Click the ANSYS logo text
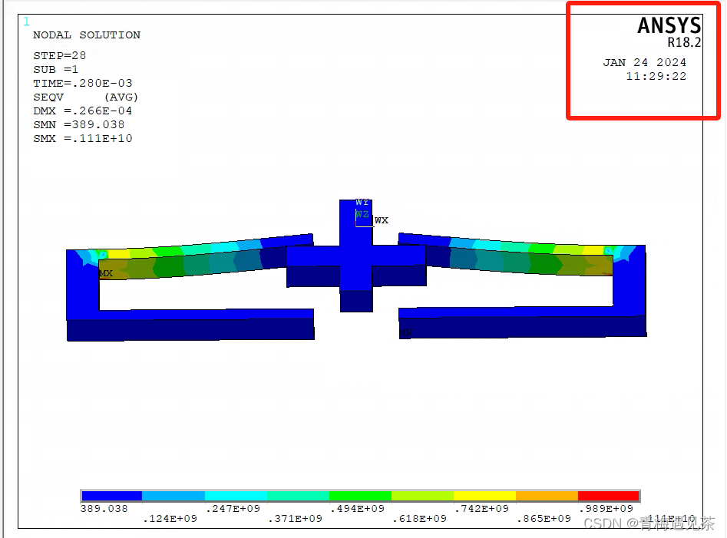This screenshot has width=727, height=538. (669, 25)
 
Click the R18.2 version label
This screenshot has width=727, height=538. (684, 44)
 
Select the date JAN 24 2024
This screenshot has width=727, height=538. (645, 62)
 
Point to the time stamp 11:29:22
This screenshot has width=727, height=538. (656, 76)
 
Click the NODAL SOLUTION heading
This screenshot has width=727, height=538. (87, 35)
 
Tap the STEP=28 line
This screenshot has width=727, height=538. (60, 55)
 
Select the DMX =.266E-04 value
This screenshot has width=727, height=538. (82, 111)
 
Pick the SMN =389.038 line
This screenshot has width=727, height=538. (78, 124)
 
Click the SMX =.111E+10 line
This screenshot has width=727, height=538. (82, 138)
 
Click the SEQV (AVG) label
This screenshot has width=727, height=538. (85, 97)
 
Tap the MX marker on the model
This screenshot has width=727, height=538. (106, 273)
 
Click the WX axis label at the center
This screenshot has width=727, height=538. (382, 220)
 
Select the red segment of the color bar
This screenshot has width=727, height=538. (608, 496)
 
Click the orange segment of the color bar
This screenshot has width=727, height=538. (546, 496)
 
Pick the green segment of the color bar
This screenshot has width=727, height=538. (360, 496)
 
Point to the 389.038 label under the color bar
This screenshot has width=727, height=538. (104, 508)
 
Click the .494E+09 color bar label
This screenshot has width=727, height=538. (357, 508)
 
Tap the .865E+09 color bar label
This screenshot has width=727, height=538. (544, 519)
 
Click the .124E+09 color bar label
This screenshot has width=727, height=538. (170, 519)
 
